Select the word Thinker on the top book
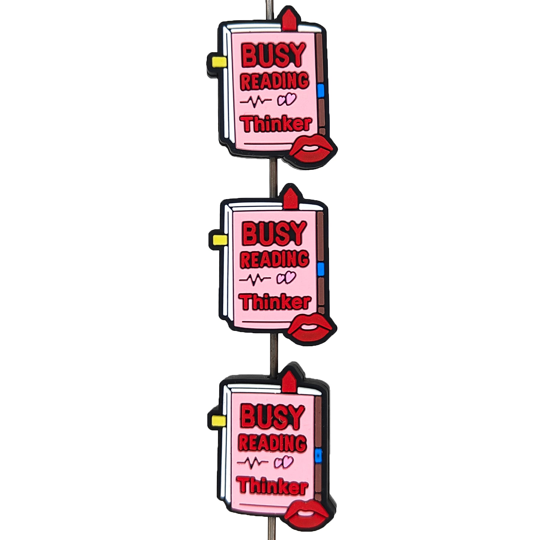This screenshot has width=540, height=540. point(277,124)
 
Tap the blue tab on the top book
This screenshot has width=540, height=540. point(321,91)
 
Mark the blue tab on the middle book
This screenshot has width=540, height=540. point(321,269)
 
